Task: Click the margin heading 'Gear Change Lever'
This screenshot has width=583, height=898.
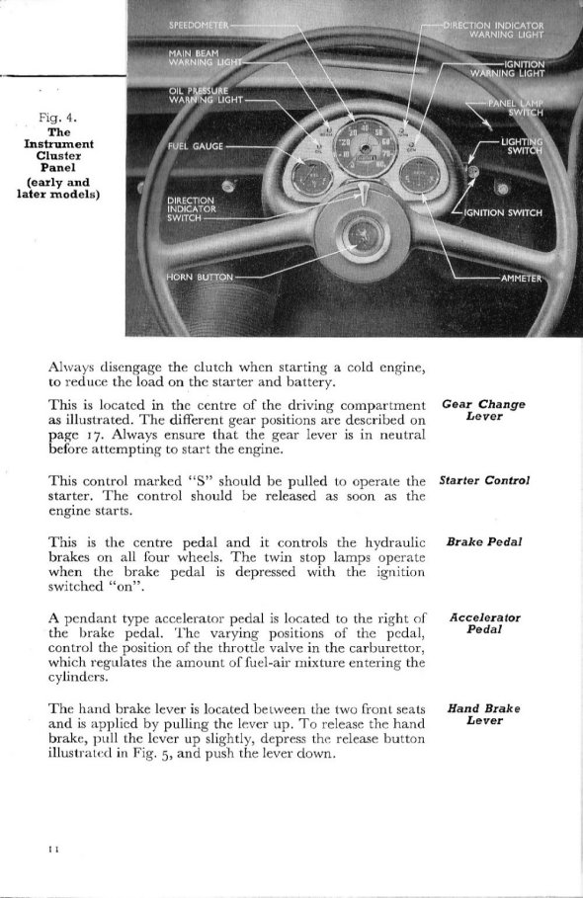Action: click(483, 411)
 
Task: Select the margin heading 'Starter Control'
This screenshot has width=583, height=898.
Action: click(484, 480)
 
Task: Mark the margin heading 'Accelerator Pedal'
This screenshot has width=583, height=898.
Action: click(483, 622)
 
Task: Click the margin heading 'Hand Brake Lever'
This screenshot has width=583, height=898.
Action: click(483, 713)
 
